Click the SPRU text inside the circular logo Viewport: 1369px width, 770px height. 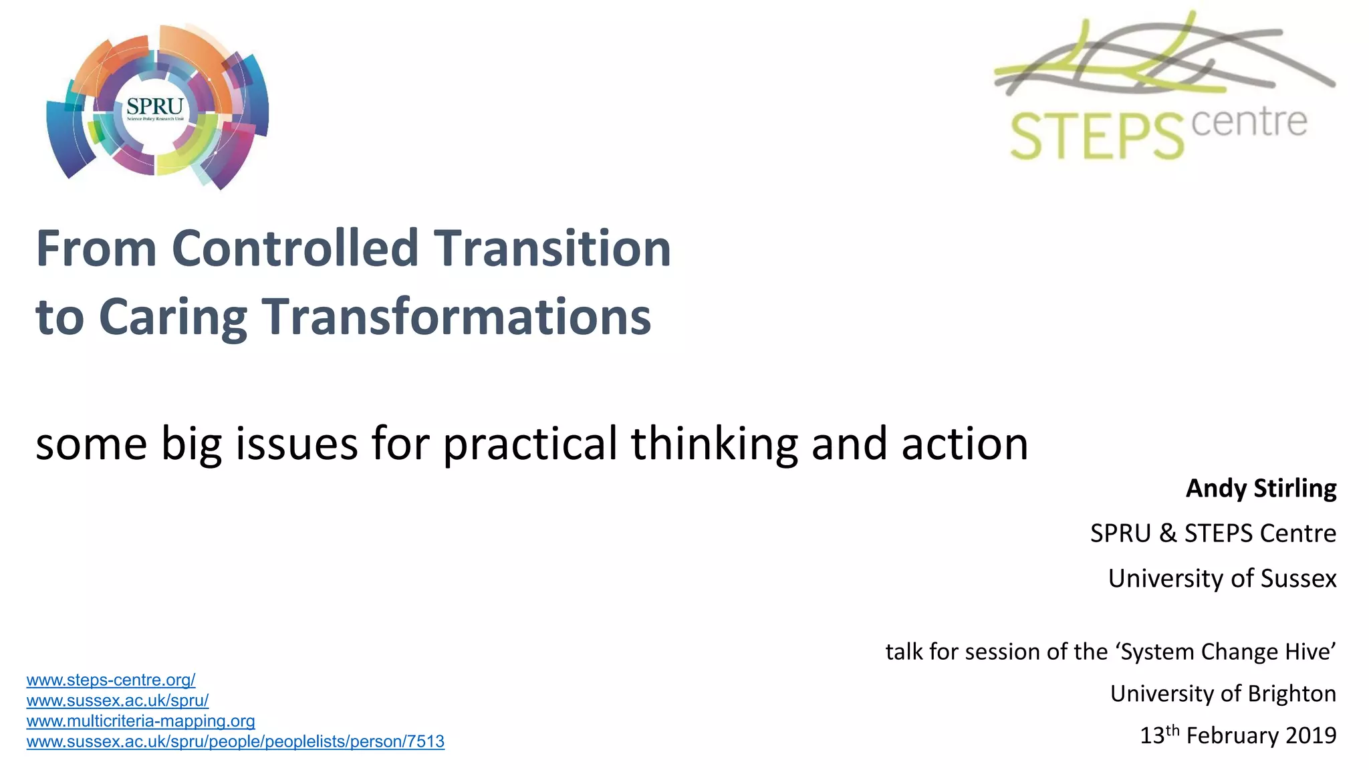154,106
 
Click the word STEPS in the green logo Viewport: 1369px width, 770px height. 1096,137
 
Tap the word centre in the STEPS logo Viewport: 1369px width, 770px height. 1249,123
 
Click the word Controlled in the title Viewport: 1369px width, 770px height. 295,249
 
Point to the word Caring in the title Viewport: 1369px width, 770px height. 172,317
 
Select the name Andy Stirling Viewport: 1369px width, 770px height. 1261,489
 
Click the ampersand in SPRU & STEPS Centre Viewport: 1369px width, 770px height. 1168,533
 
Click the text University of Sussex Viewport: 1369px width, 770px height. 1222,578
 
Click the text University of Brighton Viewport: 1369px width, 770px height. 1223,694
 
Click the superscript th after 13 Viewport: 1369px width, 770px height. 1172,730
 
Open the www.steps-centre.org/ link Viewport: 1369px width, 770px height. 111,680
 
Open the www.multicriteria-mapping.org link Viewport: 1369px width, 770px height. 140,721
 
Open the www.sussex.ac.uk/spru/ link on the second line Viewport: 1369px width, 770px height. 118,701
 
